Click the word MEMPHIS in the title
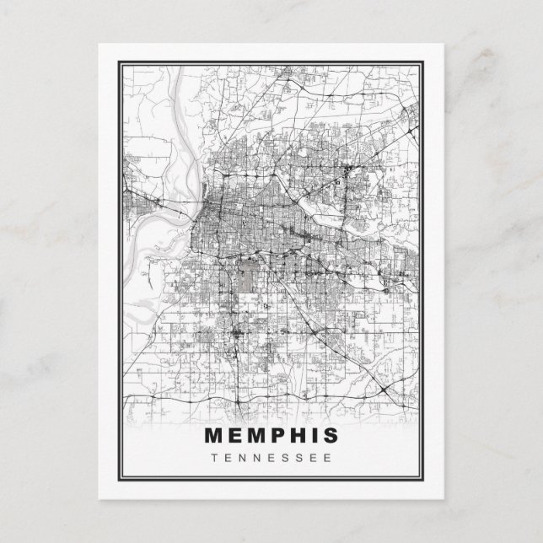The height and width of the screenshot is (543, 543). pos(271,435)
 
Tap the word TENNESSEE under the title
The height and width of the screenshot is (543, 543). pos(271,458)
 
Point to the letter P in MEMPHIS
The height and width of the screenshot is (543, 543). pos(276,435)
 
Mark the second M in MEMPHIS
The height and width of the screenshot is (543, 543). pos(255,435)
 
